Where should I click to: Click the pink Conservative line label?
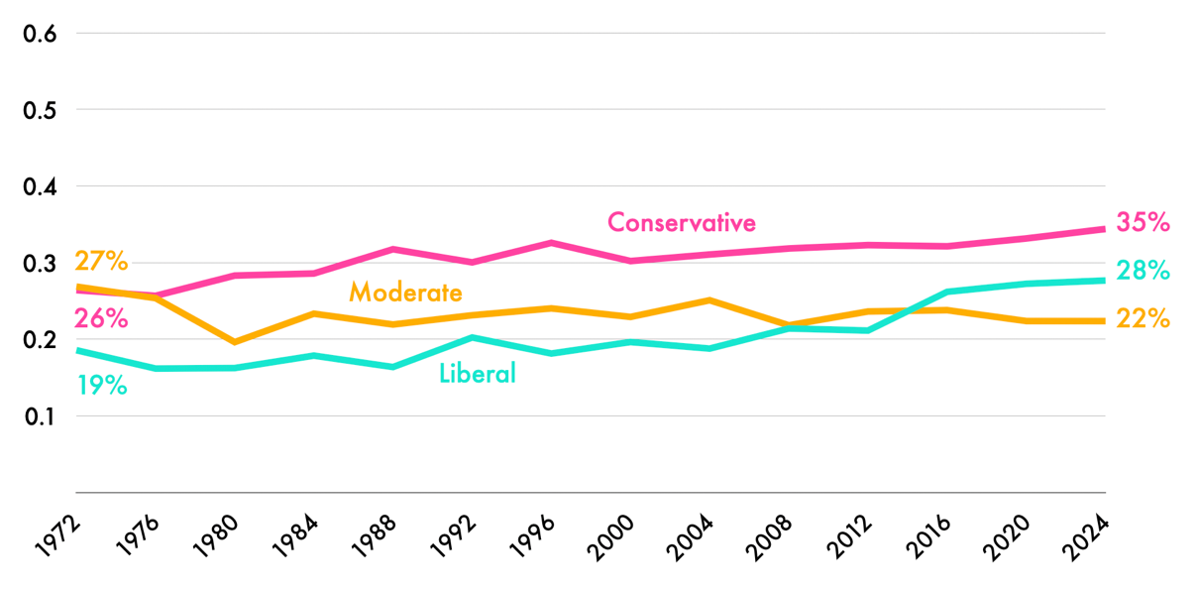pyautogui.click(x=681, y=222)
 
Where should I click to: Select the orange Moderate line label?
pyautogui.click(x=405, y=293)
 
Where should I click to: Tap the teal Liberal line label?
pyautogui.click(x=477, y=374)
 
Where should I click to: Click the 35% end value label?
pyautogui.click(x=1143, y=222)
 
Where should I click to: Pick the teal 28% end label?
pyautogui.click(x=1143, y=271)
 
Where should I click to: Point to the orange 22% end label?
pyautogui.click(x=1143, y=319)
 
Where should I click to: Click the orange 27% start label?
pyautogui.click(x=101, y=262)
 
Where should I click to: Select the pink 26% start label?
pyautogui.click(x=101, y=319)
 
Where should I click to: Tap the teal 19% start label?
pyautogui.click(x=101, y=386)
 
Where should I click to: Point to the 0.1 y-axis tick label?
pyautogui.click(x=40, y=416)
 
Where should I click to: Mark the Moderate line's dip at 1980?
pyautogui.click(x=235, y=342)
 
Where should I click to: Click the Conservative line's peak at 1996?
pyautogui.click(x=551, y=242)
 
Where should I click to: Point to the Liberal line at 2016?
pyautogui.click(x=947, y=292)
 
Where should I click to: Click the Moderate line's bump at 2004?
pyautogui.click(x=709, y=299)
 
